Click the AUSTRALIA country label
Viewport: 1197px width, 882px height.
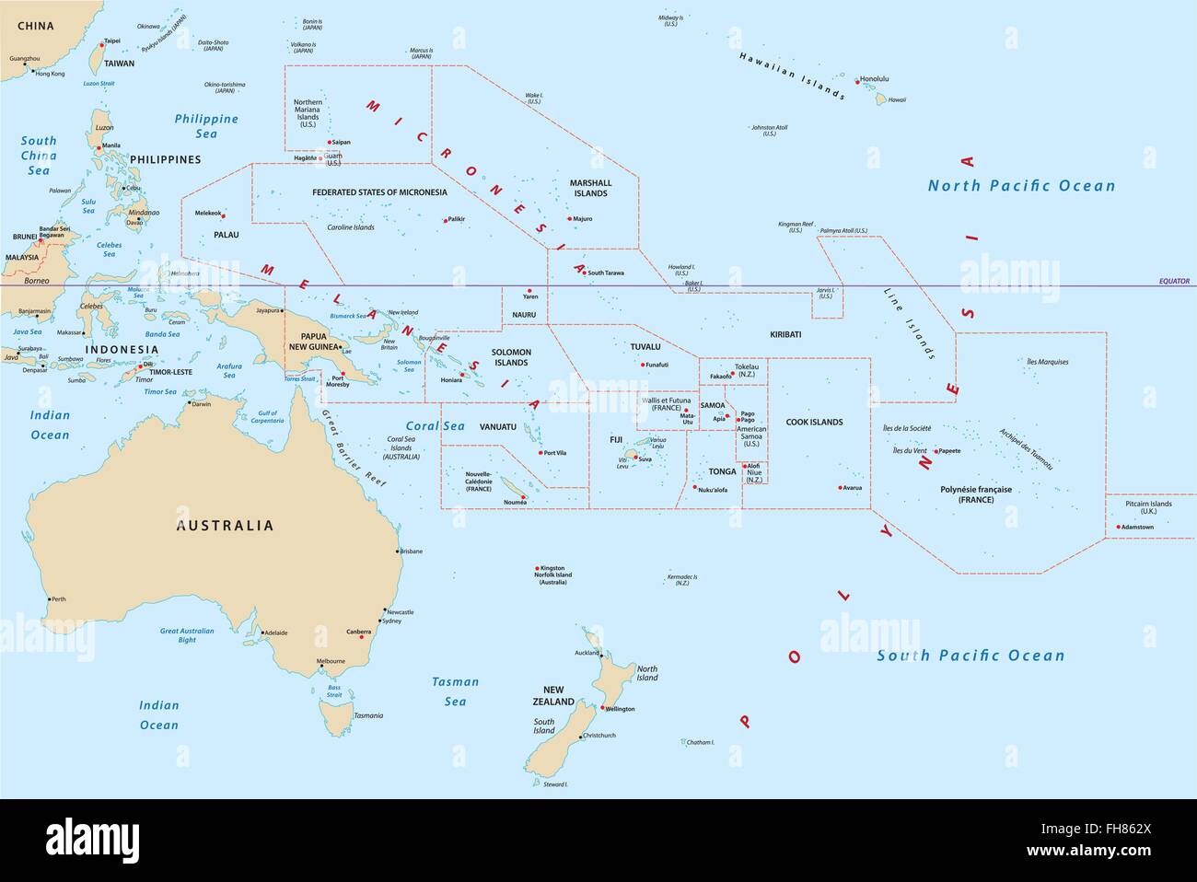click(x=225, y=526)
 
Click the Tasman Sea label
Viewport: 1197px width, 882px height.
click(x=456, y=691)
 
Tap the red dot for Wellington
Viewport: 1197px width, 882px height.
click(x=600, y=708)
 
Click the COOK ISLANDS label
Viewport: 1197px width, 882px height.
click(x=814, y=423)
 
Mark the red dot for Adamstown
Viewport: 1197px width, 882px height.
click(x=1119, y=528)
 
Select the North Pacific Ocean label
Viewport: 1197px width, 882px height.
click(x=1021, y=186)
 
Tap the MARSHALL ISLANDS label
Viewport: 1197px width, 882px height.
click(x=590, y=189)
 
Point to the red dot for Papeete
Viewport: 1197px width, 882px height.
click(x=936, y=451)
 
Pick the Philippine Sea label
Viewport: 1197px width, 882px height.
click(x=206, y=126)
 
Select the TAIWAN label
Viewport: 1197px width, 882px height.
click(x=118, y=64)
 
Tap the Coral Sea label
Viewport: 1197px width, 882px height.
click(x=436, y=426)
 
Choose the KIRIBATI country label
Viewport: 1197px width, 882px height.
click(x=785, y=334)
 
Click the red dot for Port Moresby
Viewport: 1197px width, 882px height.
click(x=343, y=372)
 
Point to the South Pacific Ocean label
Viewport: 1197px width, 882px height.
click(x=970, y=656)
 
